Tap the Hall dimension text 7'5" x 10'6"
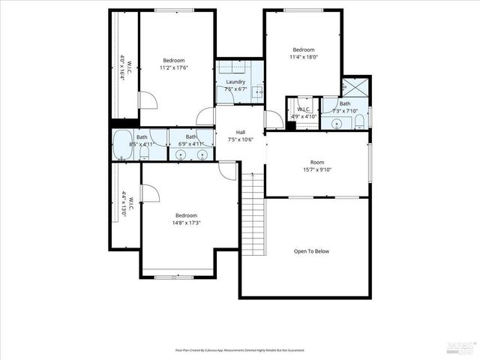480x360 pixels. [x=240, y=139]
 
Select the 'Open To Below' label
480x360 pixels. [x=310, y=251]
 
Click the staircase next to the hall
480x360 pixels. [x=253, y=214]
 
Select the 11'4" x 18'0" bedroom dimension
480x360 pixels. [x=303, y=56]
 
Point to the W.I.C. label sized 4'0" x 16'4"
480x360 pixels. [x=125, y=68]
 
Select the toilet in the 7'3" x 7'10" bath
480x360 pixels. [x=359, y=121]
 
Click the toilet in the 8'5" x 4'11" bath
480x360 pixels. [x=144, y=154]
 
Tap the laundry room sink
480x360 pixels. [x=256, y=92]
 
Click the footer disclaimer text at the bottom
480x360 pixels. [x=240, y=350]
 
